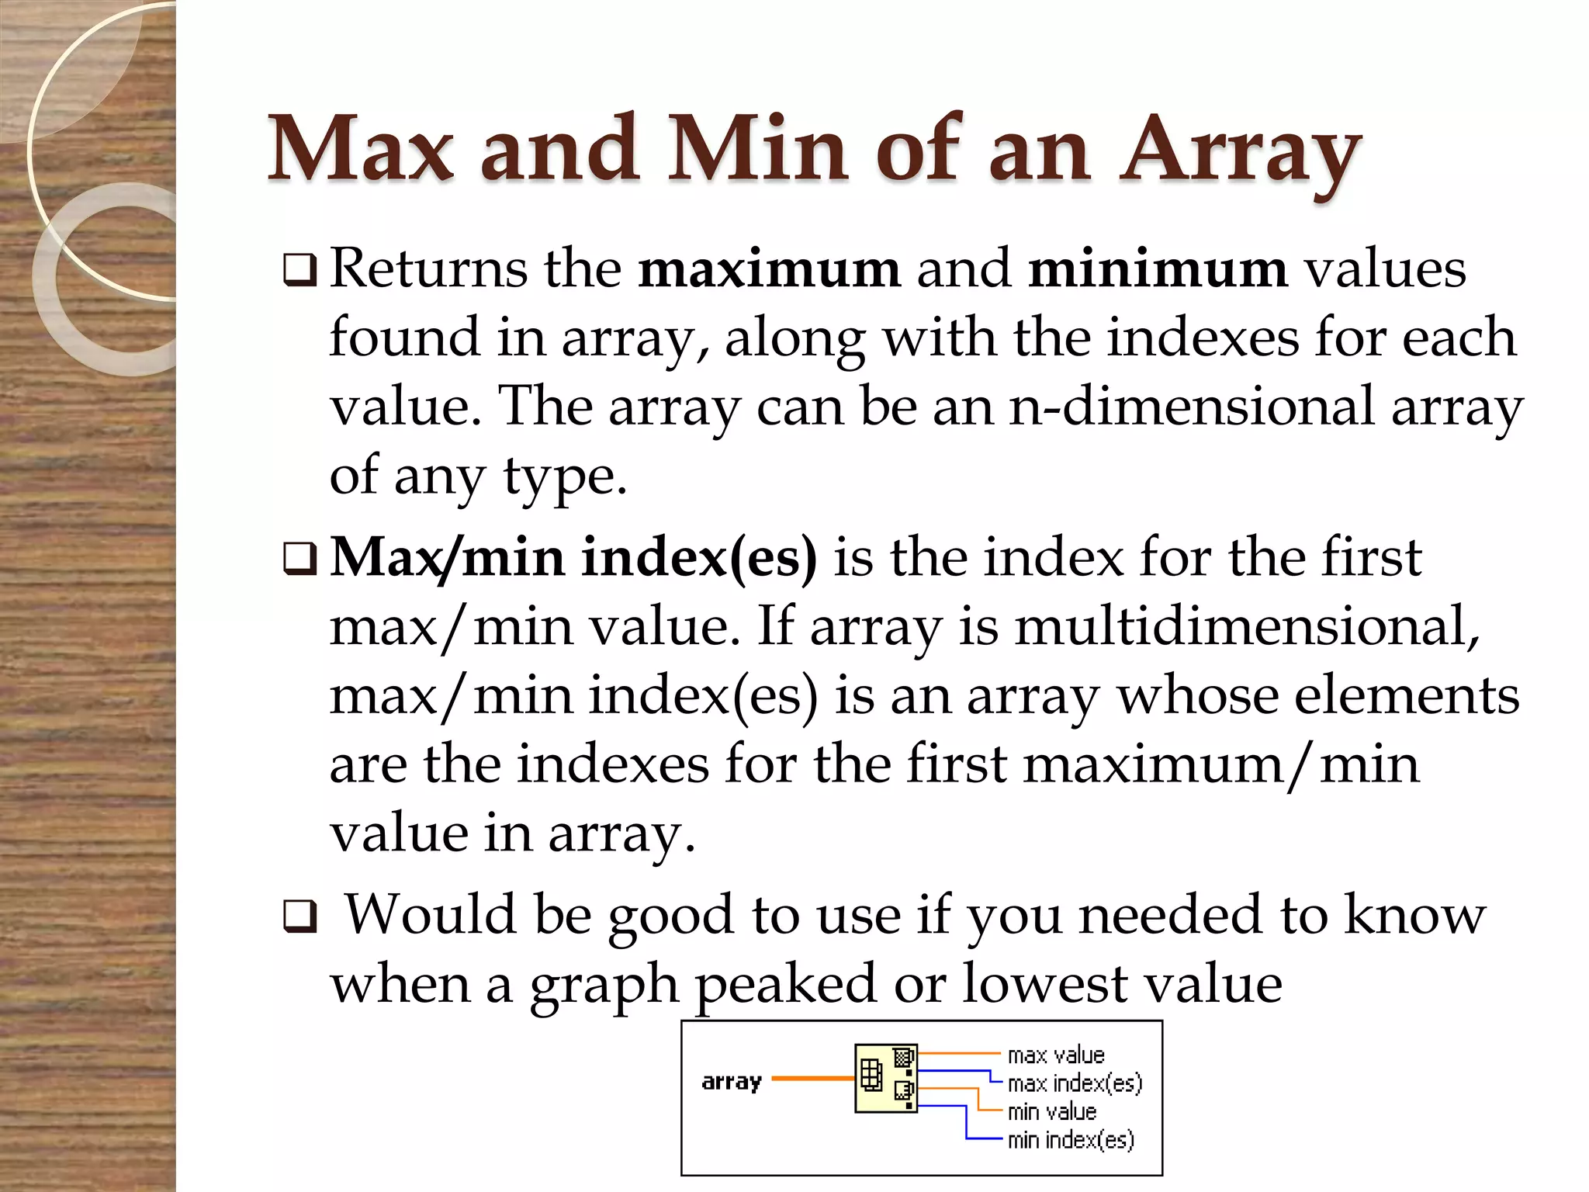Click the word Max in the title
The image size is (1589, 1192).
pyautogui.click(x=361, y=149)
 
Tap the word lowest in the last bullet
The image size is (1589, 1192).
pyautogui.click(x=1045, y=984)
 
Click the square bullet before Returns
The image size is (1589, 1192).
pyautogui.click(x=299, y=270)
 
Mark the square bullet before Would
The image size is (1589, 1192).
pyautogui.click(x=299, y=917)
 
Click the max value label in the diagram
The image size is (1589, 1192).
pyautogui.click(x=1055, y=1055)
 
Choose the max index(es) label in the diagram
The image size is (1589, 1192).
pyautogui.click(x=1075, y=1083)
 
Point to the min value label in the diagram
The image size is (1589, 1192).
pyautogui.click(x=1051, y=1112)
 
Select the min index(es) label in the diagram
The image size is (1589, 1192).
pyautogui.click(x=1071, y=1140)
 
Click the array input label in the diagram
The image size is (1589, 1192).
pyautogui.click(x=732, y=1082)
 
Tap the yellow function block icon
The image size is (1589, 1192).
pyautogui.click(x=886, y=1079)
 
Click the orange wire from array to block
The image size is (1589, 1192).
pyautogui.click(x=812, y=1079)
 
